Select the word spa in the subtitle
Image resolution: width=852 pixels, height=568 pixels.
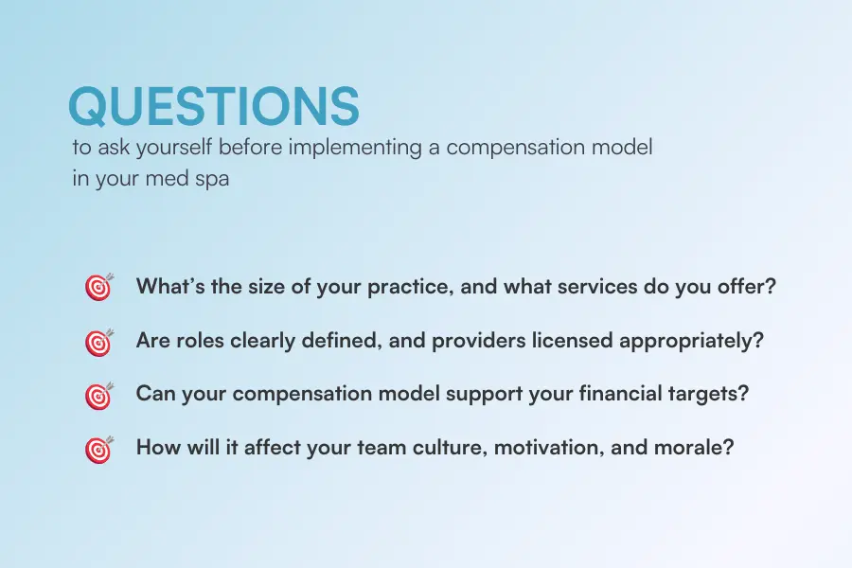coord(211,178)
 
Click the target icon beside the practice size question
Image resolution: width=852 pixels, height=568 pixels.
coord(98,288)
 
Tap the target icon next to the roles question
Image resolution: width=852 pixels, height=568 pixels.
coord(98,342)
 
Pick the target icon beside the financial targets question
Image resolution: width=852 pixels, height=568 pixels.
coord(98,396)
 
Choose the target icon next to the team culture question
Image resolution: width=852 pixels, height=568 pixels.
coord(98,449)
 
